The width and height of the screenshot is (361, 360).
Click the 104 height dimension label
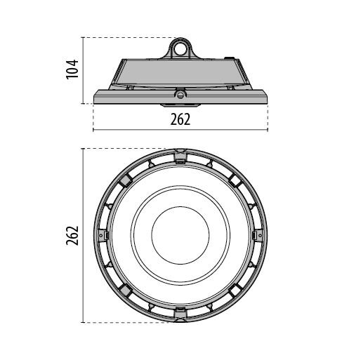72,69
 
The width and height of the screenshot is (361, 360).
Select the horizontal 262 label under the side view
180,119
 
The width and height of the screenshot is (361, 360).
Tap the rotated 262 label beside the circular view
72,236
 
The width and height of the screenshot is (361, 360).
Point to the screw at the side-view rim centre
180,95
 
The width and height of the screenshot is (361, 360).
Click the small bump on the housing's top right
230,58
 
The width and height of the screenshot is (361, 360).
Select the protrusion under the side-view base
180,105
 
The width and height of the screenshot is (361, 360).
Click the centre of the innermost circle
180,236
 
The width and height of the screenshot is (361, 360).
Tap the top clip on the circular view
180,156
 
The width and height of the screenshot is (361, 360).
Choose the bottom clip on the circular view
180,314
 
